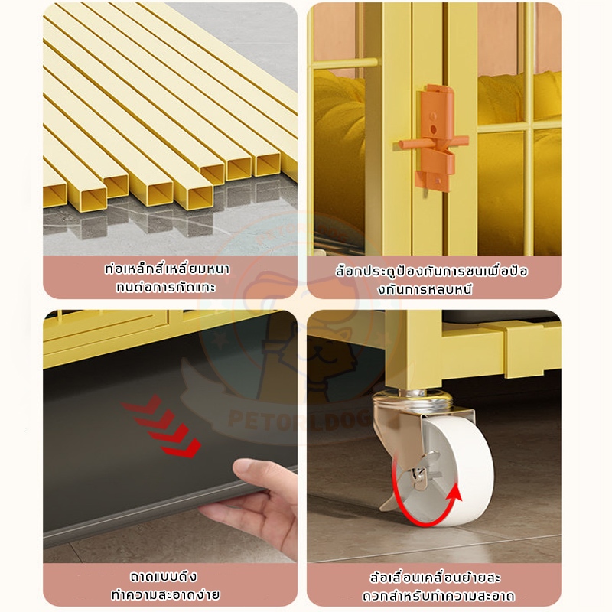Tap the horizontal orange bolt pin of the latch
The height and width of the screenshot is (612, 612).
click(x=433, y=142)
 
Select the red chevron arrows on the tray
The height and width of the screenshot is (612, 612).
click(x=161, y=427)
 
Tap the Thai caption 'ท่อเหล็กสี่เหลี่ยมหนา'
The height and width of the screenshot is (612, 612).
click(x=167, y=269)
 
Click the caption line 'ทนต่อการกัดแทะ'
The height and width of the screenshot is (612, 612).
click(x=166, y=288)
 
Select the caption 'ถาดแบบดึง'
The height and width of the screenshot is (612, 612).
click(x=164, y=577)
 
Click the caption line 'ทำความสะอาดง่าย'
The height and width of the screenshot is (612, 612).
click(x=165, y=595)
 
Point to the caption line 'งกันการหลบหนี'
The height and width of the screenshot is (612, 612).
click(x=425, y=290)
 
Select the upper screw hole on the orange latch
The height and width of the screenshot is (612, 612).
click(x=433, y=116)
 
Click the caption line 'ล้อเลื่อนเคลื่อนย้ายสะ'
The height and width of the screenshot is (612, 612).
click(x=435, y=578)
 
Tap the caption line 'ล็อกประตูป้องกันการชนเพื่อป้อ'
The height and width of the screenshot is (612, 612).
click(x=431, y=272)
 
